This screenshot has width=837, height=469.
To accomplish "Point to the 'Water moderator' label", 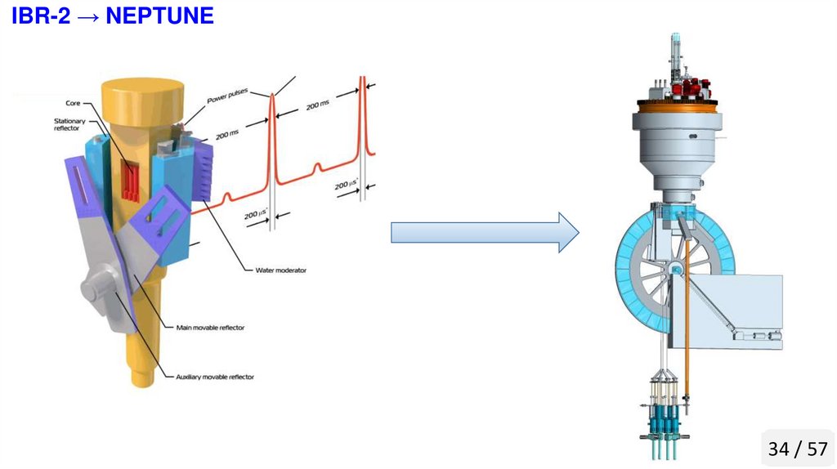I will [280, 270].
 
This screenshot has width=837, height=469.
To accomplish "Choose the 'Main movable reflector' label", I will [210, 327].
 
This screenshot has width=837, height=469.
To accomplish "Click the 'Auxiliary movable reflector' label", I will [215, 377].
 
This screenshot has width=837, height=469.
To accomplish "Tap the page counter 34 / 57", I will [798, 449].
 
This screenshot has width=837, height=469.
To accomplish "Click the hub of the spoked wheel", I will [677, 269].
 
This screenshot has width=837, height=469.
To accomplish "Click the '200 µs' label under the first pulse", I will [257, 215].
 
